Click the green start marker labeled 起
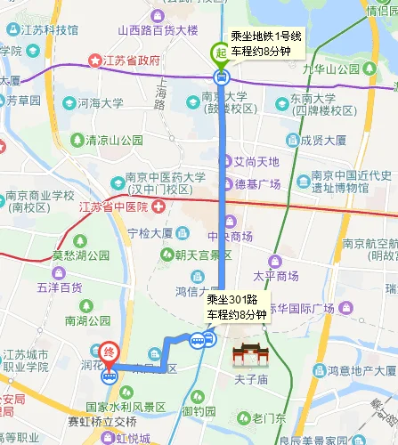[x=220, y=53]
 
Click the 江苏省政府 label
[x=130, y=61]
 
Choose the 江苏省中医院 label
[x=115, y=206]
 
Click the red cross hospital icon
[x=158, y=206]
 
